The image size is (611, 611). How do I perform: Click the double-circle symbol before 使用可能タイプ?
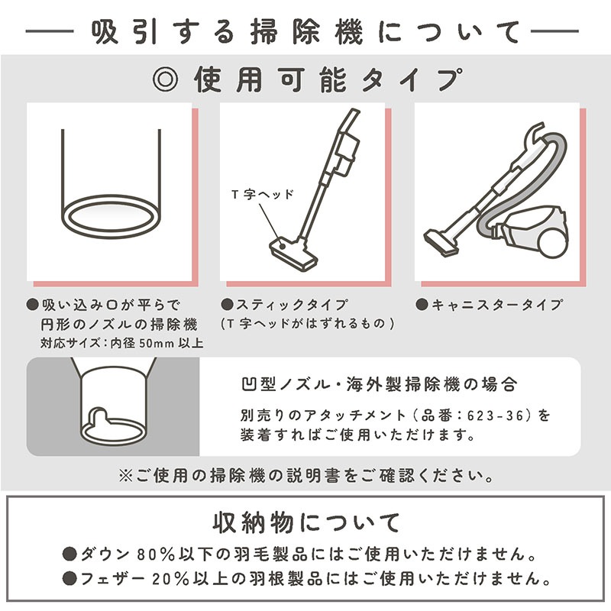[x=165, y=79]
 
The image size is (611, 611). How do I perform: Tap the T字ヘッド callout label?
[x=262, y=194]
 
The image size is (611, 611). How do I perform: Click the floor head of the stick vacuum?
[x=293, y=254]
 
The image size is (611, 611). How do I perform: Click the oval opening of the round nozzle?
[x=111, y=217]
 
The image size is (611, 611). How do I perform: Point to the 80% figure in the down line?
[x=156, y=554]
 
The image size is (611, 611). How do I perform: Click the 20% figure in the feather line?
[x=170, y=579]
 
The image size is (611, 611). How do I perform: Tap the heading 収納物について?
[x=306, y=522]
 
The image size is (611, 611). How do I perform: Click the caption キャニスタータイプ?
[x=497, y=305]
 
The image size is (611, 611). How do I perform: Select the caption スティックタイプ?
[x=292, y=305]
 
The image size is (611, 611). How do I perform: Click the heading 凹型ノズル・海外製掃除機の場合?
[x=379, y=385]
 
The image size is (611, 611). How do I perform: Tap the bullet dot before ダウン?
[x=70, y=554]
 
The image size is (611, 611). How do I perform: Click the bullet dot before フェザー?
[x=70, y=579]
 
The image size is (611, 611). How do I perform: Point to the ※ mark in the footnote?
[x=126, y=476]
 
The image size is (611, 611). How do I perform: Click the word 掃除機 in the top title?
[x=307, y=31]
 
